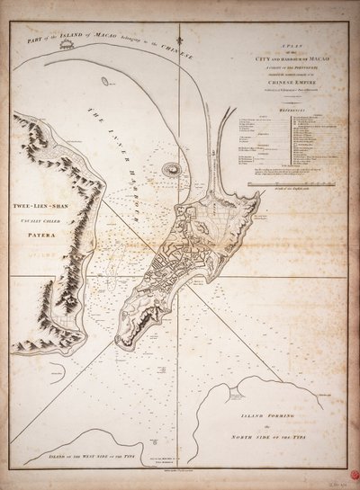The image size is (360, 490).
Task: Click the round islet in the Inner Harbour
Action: click(x=170, y=166)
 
